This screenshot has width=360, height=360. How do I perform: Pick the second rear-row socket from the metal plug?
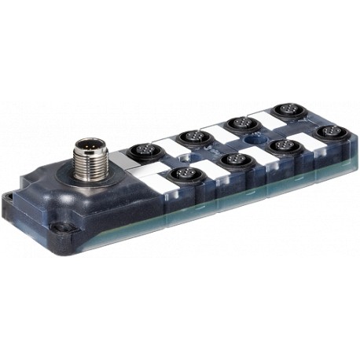[191, 136]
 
